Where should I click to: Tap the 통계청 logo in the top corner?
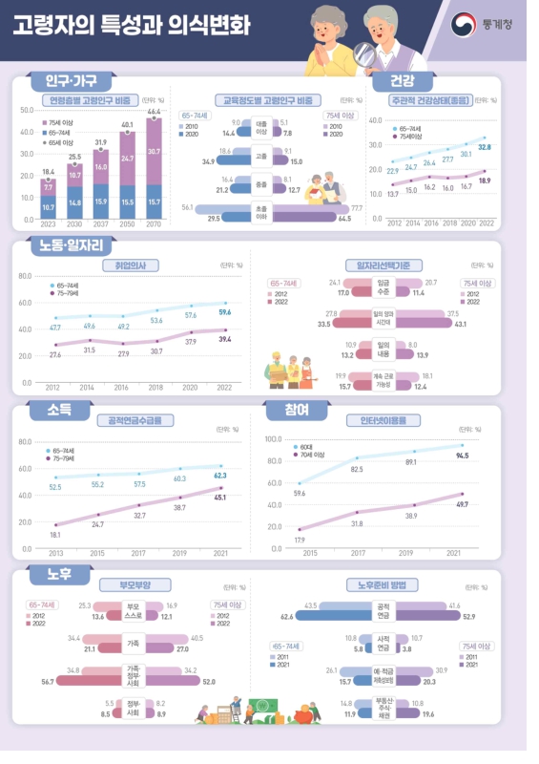(483, 24)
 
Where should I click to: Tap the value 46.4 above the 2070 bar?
(154, 112)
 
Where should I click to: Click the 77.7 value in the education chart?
(357, 206)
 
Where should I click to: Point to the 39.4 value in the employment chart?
(225, 339)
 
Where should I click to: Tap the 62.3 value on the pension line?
(220, 475)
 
